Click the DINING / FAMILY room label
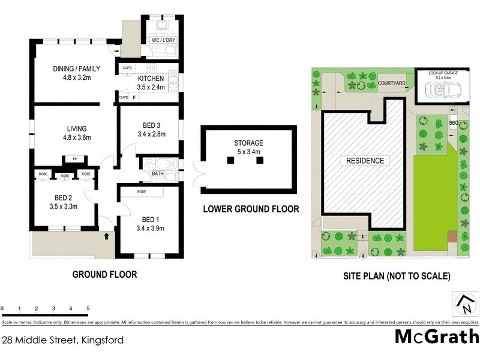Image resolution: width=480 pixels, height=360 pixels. point(76,68)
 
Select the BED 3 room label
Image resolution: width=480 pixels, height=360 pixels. point(151,125)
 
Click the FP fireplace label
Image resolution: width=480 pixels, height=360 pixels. point(75,159)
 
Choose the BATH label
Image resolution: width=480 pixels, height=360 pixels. point(158,174)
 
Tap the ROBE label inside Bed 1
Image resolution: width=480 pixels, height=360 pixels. point(142,192)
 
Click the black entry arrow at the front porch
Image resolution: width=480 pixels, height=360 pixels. point(107,237)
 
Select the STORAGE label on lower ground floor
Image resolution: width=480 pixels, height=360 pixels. point(248,143)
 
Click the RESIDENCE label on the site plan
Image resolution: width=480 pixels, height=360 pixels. point(364,161)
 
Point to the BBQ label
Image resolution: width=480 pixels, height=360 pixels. point(453,123)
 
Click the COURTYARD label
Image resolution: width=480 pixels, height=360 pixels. point(393,83)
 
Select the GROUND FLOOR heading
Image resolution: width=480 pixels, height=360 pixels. point(104,275)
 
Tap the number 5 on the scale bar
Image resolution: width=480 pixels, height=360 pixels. point(88,309)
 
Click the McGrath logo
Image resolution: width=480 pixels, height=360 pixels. point(436,337)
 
